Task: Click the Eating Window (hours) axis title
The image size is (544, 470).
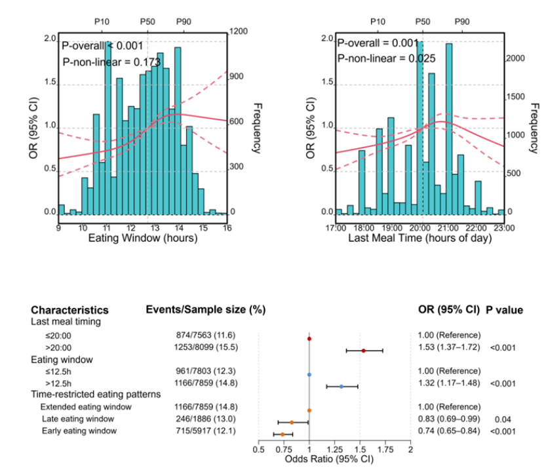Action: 143,239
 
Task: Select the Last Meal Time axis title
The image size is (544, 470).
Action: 419,239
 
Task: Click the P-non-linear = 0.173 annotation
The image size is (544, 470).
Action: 102,62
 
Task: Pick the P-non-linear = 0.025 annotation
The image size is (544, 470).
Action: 378,59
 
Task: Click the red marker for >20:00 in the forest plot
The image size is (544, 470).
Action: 364,351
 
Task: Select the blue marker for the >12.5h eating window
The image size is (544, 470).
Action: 341,387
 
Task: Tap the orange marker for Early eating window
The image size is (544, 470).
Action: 282,435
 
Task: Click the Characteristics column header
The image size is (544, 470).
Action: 69,310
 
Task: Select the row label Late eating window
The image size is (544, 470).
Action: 77,418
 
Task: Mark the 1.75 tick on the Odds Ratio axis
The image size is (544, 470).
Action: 385,450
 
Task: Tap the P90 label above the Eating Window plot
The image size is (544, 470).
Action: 184,22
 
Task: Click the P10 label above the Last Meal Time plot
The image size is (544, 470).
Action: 378,22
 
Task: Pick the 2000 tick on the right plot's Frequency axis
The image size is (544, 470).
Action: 516,58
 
